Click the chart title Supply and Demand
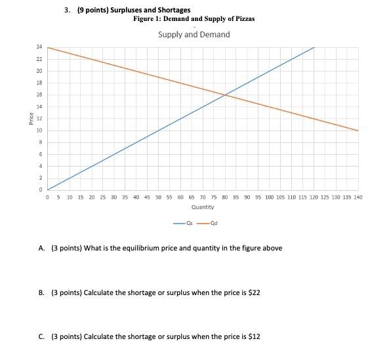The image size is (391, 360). point(194,34)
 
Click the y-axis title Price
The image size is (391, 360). point(31,119)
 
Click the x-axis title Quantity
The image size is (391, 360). point(203,207)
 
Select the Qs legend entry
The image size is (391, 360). point(186,223)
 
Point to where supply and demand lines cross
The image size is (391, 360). point(225,95)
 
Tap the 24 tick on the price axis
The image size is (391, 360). point(39,47)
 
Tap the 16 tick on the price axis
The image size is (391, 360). point(39,95)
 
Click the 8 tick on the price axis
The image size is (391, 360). point(40,142)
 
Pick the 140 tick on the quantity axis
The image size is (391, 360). point(358,197)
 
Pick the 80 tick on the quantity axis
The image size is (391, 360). point(225,197)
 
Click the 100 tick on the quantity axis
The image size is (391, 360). point(269,197)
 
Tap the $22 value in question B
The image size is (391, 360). point(253,292)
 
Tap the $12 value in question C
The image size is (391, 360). point(253,336)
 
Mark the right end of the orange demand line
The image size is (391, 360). point(358,130)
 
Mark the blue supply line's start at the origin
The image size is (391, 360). point(49,190)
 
